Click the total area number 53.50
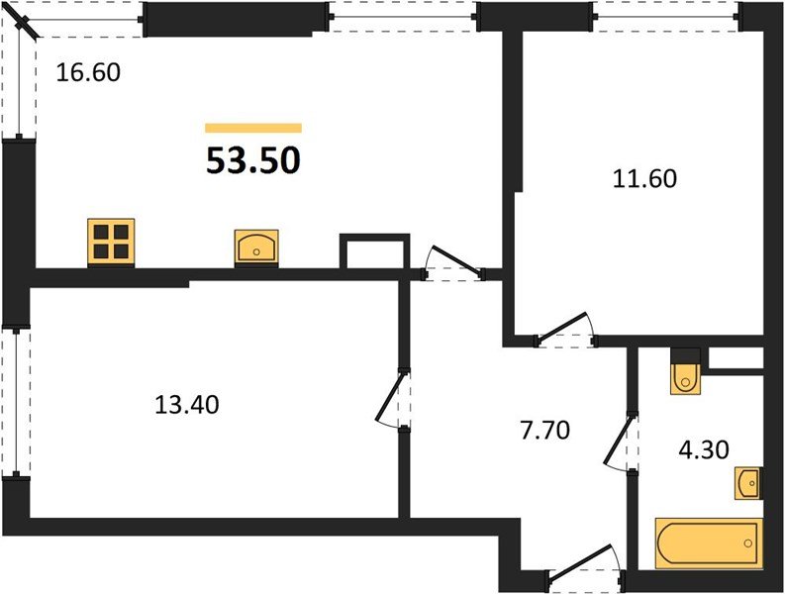tap(252, 159)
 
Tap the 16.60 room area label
tap(88, 72)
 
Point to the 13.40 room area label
tap(186, 404)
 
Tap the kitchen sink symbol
tap(256, 247)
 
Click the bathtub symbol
tap(708, 543)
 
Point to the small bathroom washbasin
tap(748, 484)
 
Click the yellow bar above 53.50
tap(252, 128)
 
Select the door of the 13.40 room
tap(393, 401)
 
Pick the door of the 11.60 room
tap(566, 331)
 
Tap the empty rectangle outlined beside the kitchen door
tap(374, 252)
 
